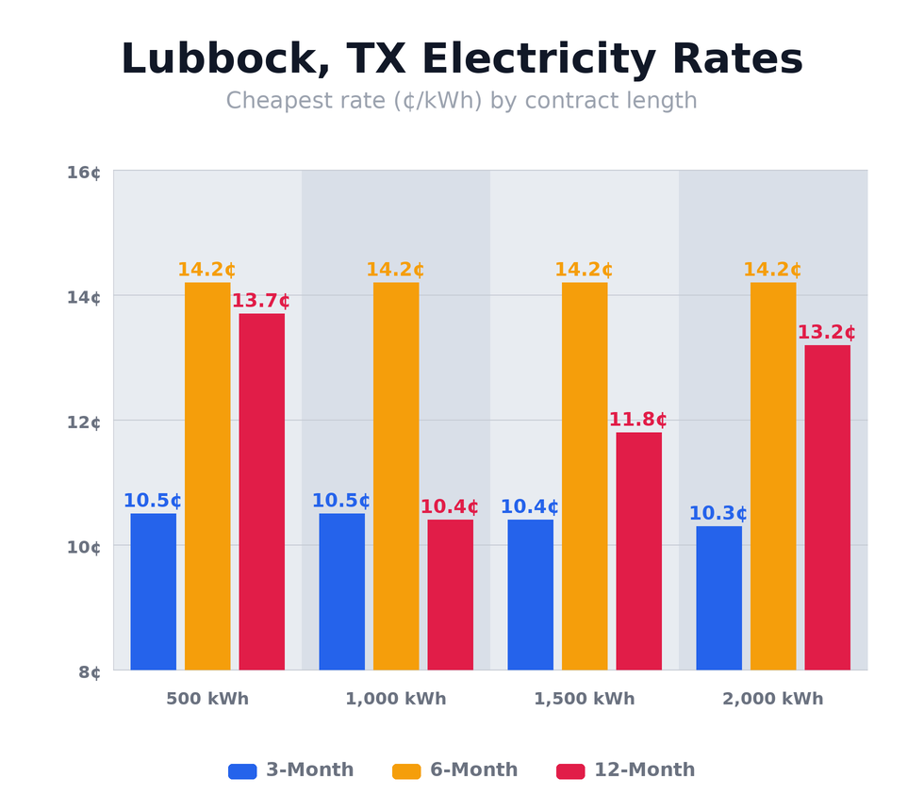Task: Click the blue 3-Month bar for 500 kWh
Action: coord(153,591)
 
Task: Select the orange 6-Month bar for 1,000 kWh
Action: coord(396,476)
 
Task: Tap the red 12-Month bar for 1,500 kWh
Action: coord(638,551)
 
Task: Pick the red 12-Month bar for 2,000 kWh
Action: coord(827,507)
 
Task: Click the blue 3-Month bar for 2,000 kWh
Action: coord(718,598)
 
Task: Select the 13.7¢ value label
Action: coord(260,301)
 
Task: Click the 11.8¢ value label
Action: coord(637,420)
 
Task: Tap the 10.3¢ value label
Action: coord(718,514)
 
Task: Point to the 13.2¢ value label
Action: coord(826,333)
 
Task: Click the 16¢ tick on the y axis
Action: coord(83,173)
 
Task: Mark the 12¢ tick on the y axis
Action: coord(83,422)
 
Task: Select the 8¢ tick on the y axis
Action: coord(89,672)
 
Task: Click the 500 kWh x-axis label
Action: coord(207,700)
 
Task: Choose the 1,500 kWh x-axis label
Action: coord(585,700)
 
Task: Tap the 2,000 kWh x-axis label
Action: coord(773,700)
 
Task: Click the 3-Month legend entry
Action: coord(291,770)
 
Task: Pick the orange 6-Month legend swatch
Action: coord(406,771)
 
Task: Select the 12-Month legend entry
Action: coord(626,770)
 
